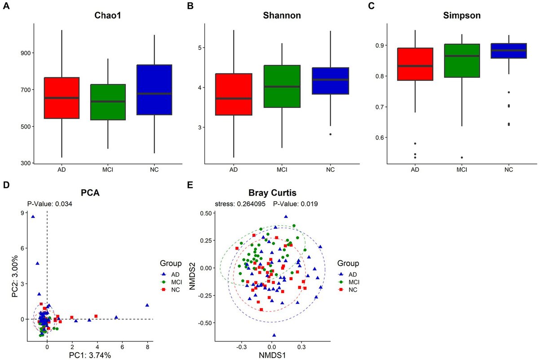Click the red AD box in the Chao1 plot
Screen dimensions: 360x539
tap(61, 98)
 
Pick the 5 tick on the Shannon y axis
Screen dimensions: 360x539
tap(203, 48)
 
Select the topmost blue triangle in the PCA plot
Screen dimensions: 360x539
tap(33, 217)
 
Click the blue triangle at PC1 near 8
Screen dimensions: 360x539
tap(147, 305)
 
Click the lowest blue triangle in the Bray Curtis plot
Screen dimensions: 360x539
tap(274, 335)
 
